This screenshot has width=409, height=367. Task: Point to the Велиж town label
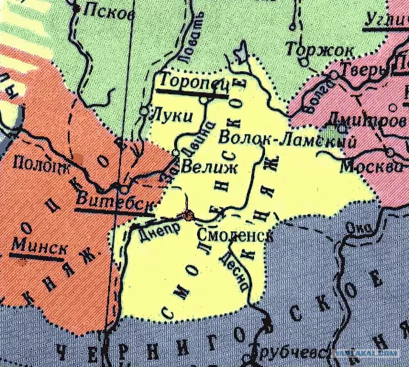coord(209,167)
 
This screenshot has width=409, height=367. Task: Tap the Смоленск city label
coord(235,235)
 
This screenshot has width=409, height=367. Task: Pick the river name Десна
coord(234,272)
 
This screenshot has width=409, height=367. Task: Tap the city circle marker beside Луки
coord(144,111)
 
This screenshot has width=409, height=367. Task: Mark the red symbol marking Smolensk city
coord(188,215)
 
